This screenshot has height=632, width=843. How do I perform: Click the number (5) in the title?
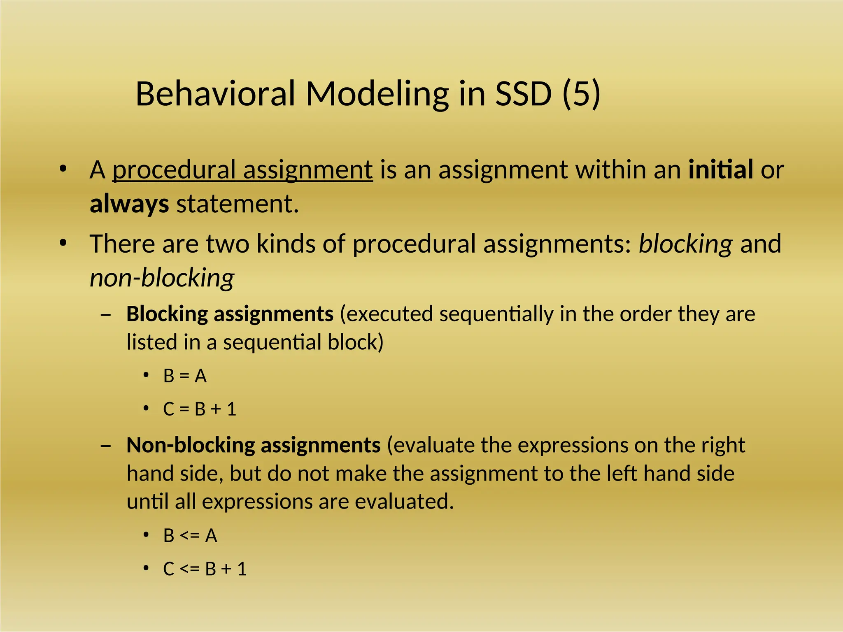[581, 94]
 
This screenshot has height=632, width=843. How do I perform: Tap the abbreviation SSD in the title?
[523, 94]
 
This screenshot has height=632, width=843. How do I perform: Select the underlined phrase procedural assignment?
[242, 170]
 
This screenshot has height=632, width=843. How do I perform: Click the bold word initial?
[721, 170]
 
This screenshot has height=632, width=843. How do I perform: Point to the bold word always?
[129, 204]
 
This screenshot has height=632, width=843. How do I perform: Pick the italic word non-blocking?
[162, 278]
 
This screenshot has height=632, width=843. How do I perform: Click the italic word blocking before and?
[685, 244]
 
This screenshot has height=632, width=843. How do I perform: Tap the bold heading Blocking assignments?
[230, 314]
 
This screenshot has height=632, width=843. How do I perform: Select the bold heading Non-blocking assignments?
[253, 445]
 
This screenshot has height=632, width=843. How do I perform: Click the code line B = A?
[185, 376]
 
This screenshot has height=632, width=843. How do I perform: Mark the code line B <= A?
[190, 536]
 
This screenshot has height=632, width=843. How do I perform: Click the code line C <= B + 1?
[205, 569]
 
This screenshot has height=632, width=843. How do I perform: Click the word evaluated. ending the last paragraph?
[404, 502]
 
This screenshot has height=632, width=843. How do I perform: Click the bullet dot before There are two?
[63, 243]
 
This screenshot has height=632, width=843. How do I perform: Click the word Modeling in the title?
[377, 94]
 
